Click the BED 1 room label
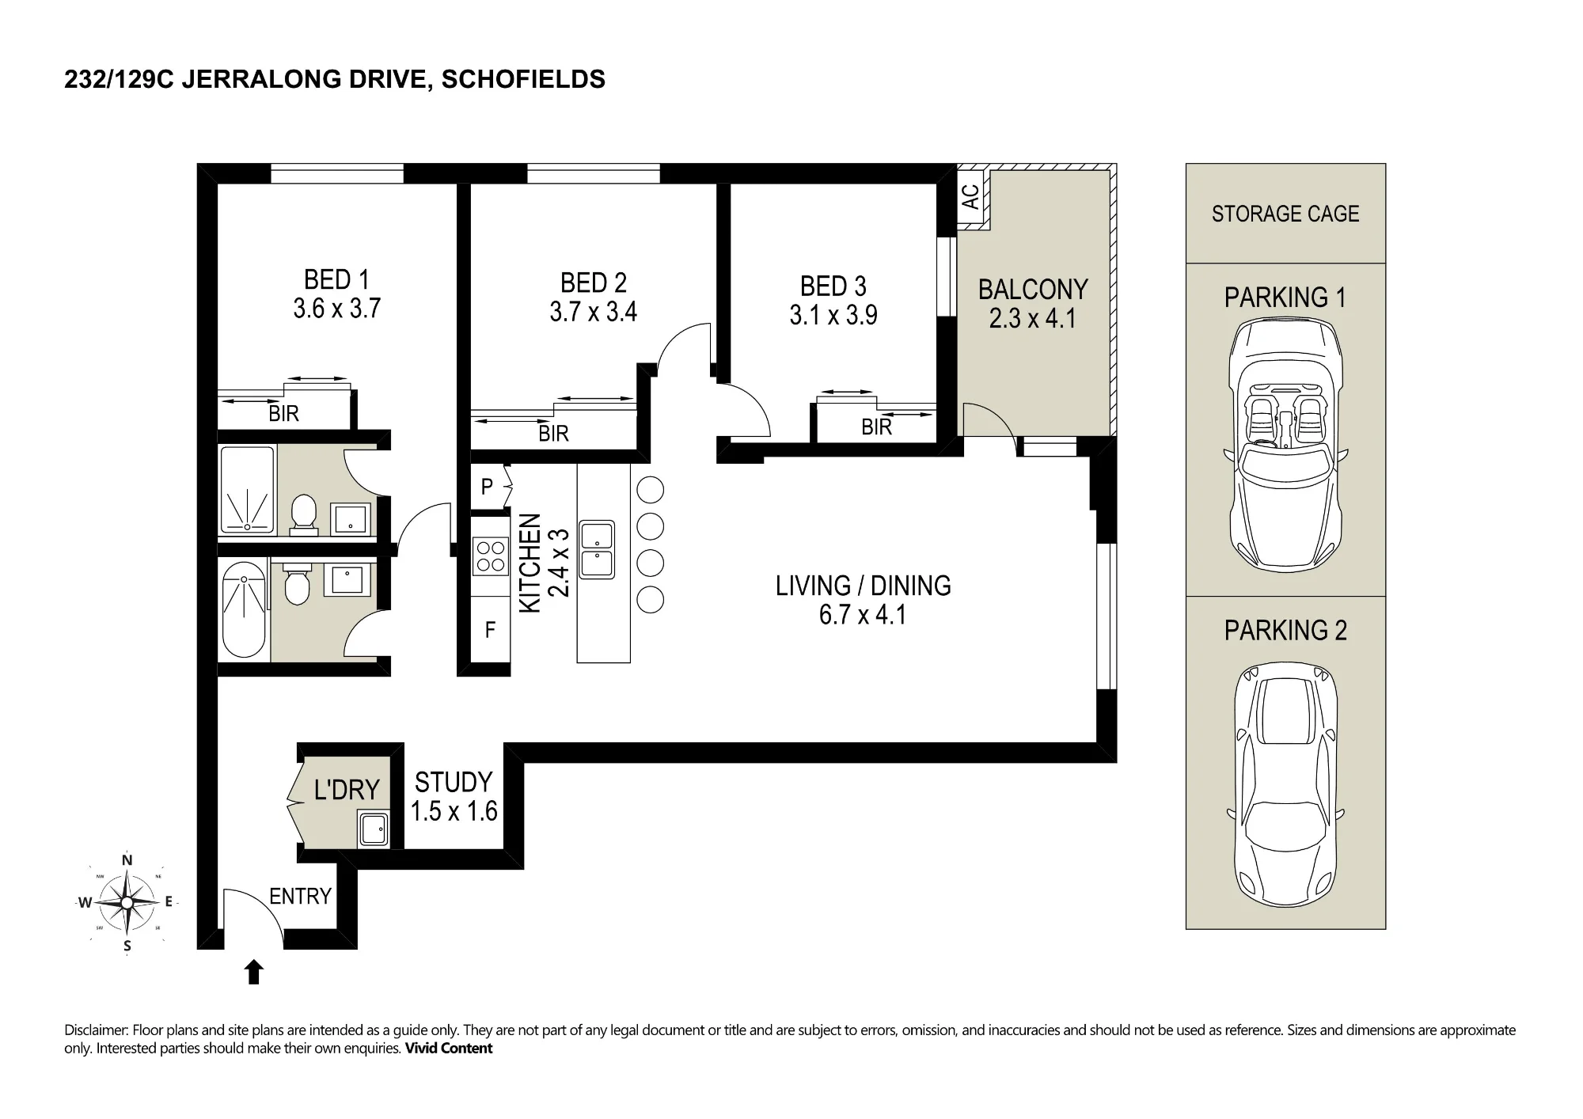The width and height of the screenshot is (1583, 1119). (x=336, y=279)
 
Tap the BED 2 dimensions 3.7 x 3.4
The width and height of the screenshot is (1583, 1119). (x=594, y=312)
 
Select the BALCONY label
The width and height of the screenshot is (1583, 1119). (x=1033, y=290)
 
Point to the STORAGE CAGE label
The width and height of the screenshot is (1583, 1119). (x=1285, y=214)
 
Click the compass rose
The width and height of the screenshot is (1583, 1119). (x=127, y=902)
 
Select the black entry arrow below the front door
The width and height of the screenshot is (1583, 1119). (x=253, y=972)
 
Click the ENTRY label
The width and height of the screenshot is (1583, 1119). (x=300, y=897)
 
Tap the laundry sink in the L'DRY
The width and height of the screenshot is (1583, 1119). (x=372, y=830)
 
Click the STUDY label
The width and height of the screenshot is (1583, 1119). (x=454, y=783)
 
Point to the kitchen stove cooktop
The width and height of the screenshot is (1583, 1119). (x=490, y=555)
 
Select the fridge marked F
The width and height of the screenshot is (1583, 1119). (x=490, y=630)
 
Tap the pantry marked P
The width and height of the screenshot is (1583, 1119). (x=488, y=487)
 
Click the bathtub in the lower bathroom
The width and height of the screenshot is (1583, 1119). (x=245, y=609)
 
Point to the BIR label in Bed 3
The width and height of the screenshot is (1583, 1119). (x=877, y=427)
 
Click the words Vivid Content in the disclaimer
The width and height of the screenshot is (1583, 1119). (x=449, y=1049)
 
